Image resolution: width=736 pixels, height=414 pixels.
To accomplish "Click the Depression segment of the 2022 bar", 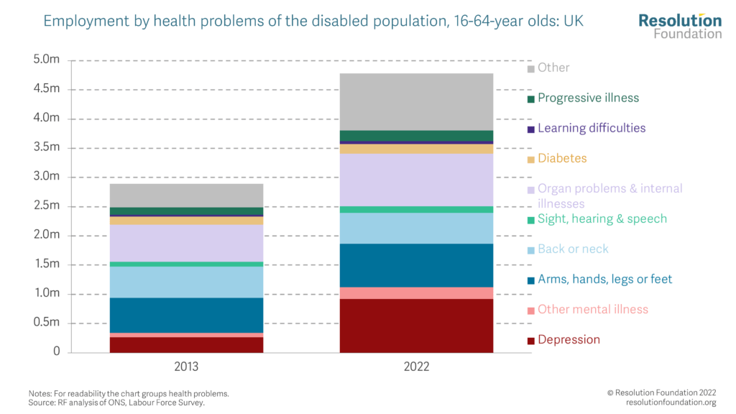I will pos(416,326).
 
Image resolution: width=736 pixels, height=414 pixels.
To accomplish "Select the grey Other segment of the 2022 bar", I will pos(416,101).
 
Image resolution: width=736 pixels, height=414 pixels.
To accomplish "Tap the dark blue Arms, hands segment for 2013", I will pos(186,316).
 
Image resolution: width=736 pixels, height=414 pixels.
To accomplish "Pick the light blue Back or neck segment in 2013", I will pos(186,282).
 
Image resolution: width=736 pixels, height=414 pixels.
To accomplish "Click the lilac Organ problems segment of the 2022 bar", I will pos(416,180).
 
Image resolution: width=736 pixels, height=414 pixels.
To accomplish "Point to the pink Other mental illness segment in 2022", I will pos(416,293).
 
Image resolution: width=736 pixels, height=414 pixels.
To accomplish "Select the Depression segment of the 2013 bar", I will pos(186,344).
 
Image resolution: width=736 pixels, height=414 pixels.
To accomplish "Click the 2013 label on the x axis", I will pos(186,367).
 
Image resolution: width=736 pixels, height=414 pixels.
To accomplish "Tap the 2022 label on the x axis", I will pos(416,367).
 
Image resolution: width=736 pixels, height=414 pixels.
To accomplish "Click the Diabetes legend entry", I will pos(562,158).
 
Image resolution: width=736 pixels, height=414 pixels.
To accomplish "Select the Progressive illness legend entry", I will pos(588,98).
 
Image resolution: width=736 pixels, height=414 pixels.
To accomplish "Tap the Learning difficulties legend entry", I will pos(592,128).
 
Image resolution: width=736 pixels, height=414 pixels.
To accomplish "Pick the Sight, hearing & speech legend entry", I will pos(602,218).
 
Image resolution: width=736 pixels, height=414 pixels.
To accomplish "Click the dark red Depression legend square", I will pos(531,340).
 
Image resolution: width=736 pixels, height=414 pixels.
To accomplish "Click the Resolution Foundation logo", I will pos(680,26).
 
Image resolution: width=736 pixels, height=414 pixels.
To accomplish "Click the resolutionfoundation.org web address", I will pos(671,402).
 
